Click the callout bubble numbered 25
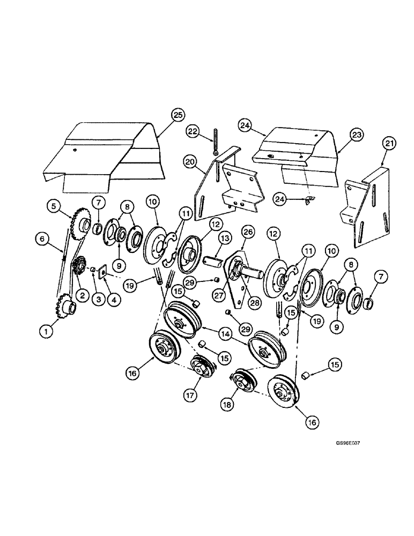(178, 115)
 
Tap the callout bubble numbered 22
(193, 131)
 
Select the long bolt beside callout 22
(216, 142)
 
